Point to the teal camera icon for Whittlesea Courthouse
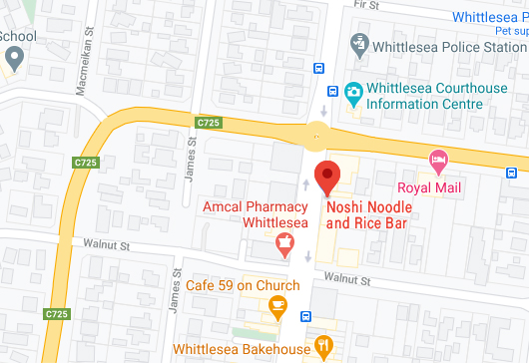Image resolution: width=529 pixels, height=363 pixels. click(x=352, y=94)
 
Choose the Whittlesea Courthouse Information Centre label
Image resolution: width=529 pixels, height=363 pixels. click(x=435, y=95)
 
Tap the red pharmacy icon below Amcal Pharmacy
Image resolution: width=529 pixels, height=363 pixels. click(x=284, y=243)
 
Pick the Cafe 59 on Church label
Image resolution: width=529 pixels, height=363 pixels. click(x=243, y=285)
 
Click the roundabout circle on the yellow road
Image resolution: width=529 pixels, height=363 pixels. click(x=317, y=130)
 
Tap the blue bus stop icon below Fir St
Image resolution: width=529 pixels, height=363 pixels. click(x=317, y=69)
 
